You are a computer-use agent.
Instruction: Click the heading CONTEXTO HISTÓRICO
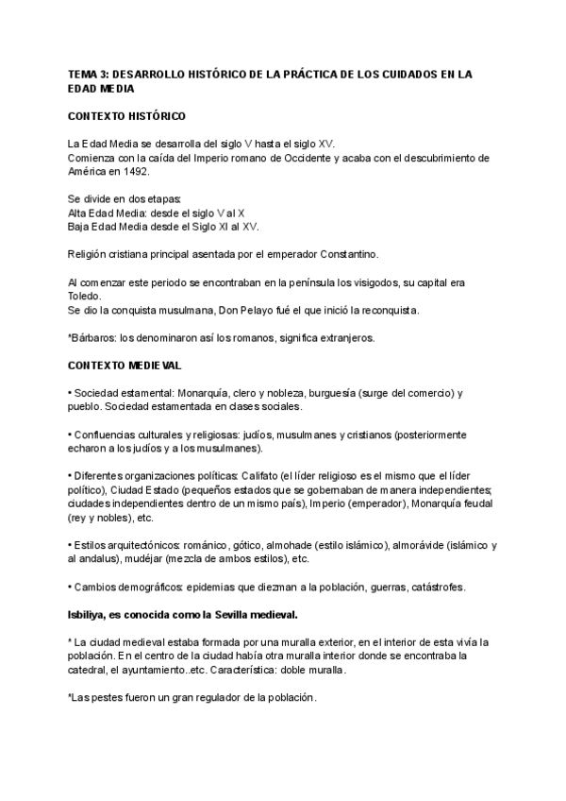(126, 116)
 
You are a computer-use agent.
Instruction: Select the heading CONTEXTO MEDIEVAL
(124, 364)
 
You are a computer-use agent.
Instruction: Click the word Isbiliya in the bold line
(88, 614)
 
